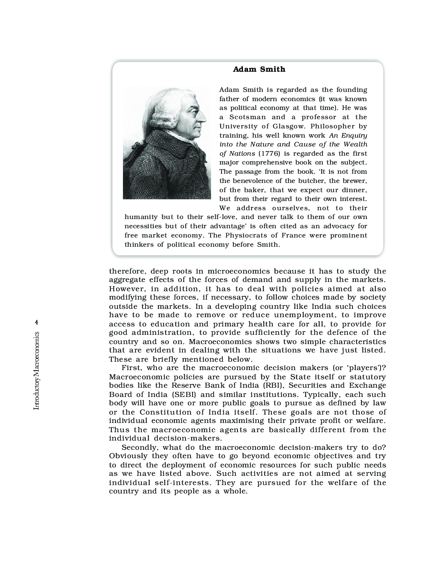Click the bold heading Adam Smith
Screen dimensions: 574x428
coord(259,69)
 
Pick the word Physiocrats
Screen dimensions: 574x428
coord(246,235)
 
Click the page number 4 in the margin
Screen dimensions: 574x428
coord(37,322)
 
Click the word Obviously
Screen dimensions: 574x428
coord(128,456)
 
